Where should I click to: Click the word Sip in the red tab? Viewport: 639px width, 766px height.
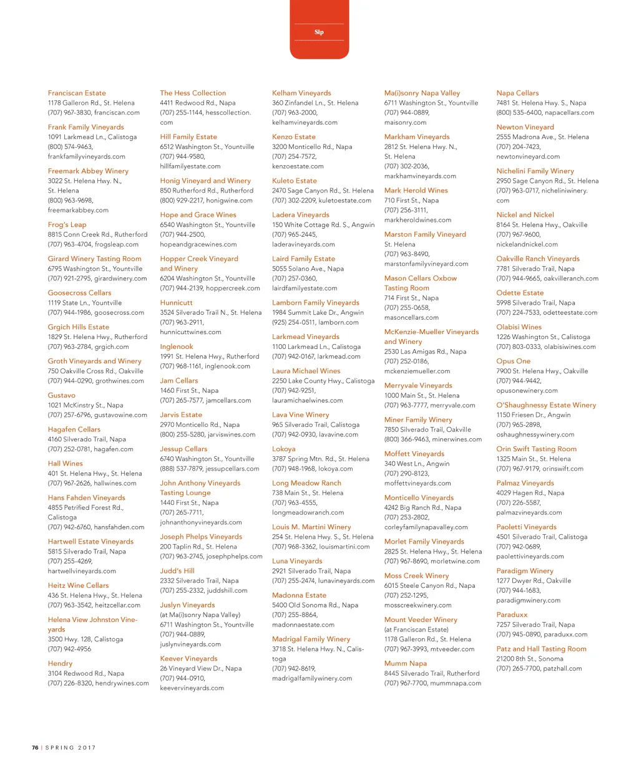pyautogui.click(x=319, y=32)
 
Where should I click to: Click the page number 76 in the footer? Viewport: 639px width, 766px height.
pyautogui.click(x=36, y=747)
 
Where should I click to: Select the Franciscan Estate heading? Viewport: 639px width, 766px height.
pyautogui.click(x=77, y=93)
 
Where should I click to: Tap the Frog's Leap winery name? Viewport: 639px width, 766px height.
pyautogui.click(x=67, y=224)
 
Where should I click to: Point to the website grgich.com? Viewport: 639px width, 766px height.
pyautogui.click(x=112, y=347)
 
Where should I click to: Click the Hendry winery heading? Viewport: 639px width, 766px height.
pyautogui.click(x=60, y=664)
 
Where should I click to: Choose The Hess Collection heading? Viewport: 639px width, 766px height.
pyautogui.click(x=193, y=93)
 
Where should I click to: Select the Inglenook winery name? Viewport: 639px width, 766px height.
pyautogui.click(x=177, y=347)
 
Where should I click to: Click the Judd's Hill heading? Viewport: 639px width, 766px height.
pyautogui.click(x=177, y=571)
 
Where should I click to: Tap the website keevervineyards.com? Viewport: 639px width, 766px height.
pyautogui.click(x=192, y=688)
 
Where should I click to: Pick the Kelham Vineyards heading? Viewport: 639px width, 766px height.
pyautogui.click(x=301, y=93)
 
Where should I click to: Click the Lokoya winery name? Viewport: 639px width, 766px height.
pyautogui.click(x=284, y=449)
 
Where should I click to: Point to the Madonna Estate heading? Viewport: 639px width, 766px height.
pyautogui.click(x=299, y=595)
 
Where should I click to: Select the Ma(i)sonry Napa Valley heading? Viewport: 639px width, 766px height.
pyautogui.click(x=422, y=93)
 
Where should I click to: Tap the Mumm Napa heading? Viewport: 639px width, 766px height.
pyautogui.click(x=406, y=664)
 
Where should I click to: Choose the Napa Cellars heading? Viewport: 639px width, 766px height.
pyautogui.click(x=517, y=93)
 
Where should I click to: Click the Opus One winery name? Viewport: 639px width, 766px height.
pyautogui.click(x=513, y=361)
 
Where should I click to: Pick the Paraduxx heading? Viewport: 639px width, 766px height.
pyautogui.click(x=512, y=615)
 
